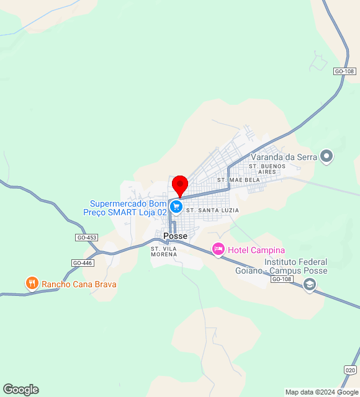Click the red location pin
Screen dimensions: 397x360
(x=180, y=185)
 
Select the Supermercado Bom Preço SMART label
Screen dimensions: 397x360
(x=128, y=208)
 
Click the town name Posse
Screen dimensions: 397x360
(x=175, y=236)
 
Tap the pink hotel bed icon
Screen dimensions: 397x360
(x=218, y=249)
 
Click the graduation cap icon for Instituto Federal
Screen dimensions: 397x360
(x=309, y=285)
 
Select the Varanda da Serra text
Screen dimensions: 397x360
(x=284, y=157)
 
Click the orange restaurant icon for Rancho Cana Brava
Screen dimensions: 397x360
(x=32, y=284)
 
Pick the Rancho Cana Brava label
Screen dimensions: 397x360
(x=79, y=285)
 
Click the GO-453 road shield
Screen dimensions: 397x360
(x=87, y=238)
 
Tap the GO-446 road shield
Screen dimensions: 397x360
(x=82, y=263)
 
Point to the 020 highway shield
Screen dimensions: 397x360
(x=349, y=370)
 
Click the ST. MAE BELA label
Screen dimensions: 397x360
(x=238, y=180)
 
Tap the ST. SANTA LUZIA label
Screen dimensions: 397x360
(x=212, y=211)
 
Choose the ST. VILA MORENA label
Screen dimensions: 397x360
(x=164, y=251)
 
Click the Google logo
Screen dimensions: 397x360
(x=20, y=390)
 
